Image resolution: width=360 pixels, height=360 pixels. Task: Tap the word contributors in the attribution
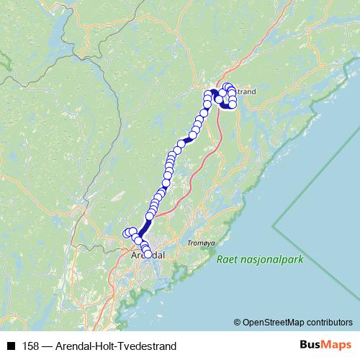click(330, 322)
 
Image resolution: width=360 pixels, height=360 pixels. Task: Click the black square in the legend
click(11, 346)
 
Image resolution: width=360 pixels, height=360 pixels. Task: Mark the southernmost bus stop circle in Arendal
click(148, 254)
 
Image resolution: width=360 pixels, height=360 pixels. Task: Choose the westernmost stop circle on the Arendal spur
click(127, 233)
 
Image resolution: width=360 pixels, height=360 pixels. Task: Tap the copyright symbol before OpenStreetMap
click(238, 322)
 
